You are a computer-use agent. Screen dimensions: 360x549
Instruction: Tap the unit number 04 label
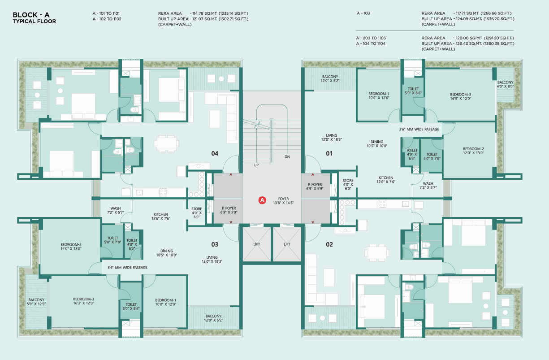(x=215, y=154)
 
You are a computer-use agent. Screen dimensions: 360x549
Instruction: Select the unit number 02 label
(x=329, y=244)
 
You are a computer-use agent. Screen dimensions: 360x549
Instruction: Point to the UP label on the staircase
(x=256, y=165)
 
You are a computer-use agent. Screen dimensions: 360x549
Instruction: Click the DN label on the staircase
(x=287, y=157)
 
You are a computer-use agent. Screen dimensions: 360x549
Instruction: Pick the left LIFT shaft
(x=256, y=244)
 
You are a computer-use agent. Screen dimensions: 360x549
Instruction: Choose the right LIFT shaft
(x=287, y=244)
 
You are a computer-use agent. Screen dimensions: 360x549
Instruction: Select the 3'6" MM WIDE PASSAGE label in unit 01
(x=419, y=129)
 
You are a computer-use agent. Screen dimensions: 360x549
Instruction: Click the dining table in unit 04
(x=167, y=144)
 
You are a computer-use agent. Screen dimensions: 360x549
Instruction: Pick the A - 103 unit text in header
(x=363, y=13)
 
